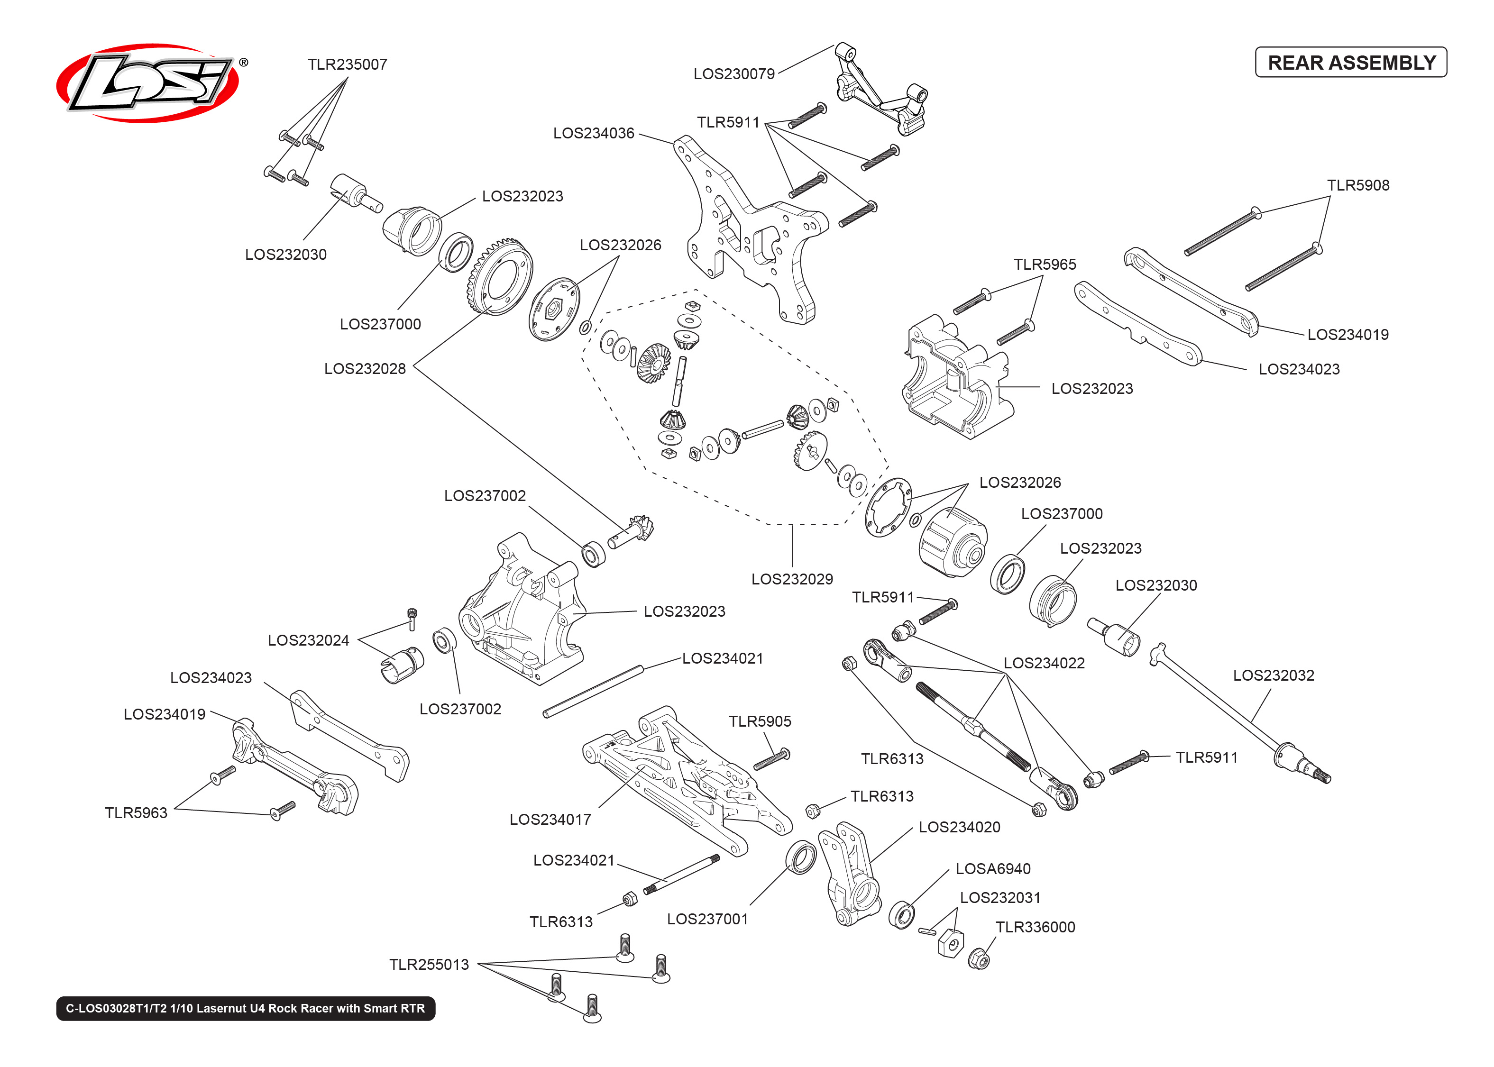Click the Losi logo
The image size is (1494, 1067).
[x=148, y=83]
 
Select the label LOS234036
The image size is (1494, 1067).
[x=593, y=133]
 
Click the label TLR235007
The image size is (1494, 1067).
[x=347, y=64]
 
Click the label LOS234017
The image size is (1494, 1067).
[x=550, y=819]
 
